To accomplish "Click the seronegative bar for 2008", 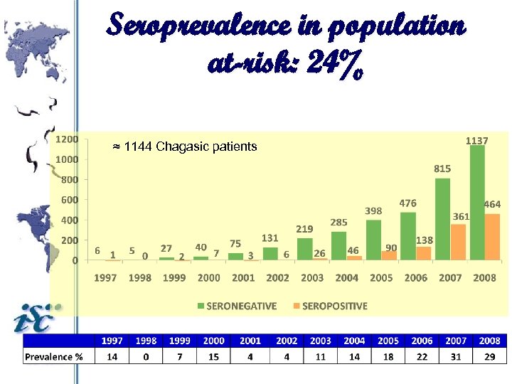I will pos(477,203).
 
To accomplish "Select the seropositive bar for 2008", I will pos(492,238).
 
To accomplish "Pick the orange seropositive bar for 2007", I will pos(458,242).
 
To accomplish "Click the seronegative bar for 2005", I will pos(373,240).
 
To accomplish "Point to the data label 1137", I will pos(476,141).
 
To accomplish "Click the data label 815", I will pos(442,169).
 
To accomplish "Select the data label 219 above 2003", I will pos(305,229).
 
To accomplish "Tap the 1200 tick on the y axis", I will pos(67,139).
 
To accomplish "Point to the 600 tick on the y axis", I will pos(69,200).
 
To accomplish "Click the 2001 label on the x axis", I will pos(243,277).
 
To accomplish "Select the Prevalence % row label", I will pos(54,356).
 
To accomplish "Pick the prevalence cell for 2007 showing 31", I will pos(456,356).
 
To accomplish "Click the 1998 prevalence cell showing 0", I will pos(146,356).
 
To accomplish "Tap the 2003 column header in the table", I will pos(320,341).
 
